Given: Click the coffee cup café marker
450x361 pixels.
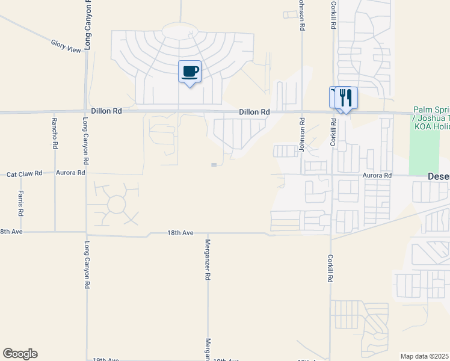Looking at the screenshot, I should [x=190, y=72].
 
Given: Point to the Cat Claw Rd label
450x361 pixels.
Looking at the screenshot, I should [x=24, y=173].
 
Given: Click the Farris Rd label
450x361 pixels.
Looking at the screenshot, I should [x=20, y=203].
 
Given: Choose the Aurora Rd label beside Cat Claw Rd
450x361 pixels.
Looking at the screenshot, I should [x=70, y=173].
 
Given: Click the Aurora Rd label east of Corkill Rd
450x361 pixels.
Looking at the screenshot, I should [x=377, y=175].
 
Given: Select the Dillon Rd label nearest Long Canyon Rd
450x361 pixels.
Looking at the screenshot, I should [x=106, y=111].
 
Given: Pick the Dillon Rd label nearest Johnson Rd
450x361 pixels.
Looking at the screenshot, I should [x=254, y=112].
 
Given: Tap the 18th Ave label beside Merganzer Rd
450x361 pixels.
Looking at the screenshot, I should [x=180, y=232].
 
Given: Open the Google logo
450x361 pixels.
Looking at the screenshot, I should [x=20, y=354].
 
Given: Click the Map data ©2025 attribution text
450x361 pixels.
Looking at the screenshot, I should [x=425, y=356].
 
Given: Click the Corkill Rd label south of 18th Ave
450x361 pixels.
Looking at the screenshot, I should [x=330, y=269].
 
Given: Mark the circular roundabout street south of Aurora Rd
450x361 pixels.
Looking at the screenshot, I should [x=116, y=205].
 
